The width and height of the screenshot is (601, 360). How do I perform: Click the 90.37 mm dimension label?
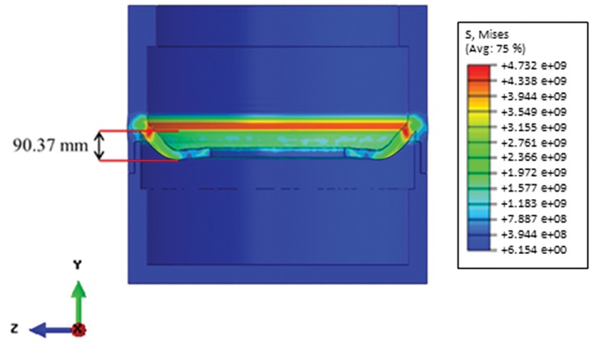51,145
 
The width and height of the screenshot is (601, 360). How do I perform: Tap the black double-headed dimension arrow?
99,145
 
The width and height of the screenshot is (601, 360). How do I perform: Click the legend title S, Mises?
487,35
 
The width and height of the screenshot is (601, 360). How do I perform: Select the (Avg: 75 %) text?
495,49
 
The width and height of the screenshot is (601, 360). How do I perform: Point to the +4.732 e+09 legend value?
534,66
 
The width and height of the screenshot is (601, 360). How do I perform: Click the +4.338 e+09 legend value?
534,81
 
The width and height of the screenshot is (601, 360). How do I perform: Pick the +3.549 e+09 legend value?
534,112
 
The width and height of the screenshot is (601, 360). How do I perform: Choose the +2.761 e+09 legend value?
534,143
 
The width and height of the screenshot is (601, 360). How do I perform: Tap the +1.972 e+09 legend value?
534,173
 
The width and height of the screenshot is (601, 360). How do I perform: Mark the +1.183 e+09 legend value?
534,203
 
